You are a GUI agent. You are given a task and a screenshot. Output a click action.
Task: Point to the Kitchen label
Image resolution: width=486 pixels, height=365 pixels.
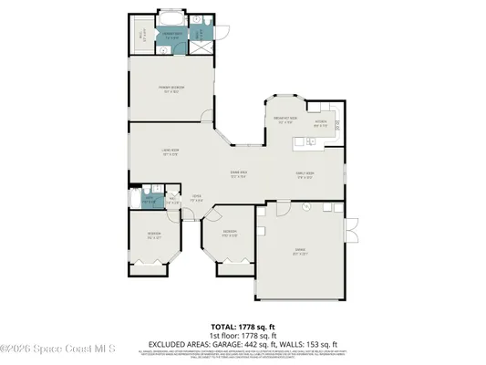[x=321, y=121]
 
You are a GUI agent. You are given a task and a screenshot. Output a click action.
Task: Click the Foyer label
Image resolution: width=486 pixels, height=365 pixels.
[x=196, y=196]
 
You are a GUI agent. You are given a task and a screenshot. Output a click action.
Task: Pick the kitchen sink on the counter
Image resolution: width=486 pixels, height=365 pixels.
[x=311, y=141]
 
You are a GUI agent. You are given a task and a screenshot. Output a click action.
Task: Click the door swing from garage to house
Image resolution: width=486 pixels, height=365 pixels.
[x=264, y=215]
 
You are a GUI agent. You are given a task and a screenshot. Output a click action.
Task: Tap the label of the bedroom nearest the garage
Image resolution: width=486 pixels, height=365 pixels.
[x=232, y=233]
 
